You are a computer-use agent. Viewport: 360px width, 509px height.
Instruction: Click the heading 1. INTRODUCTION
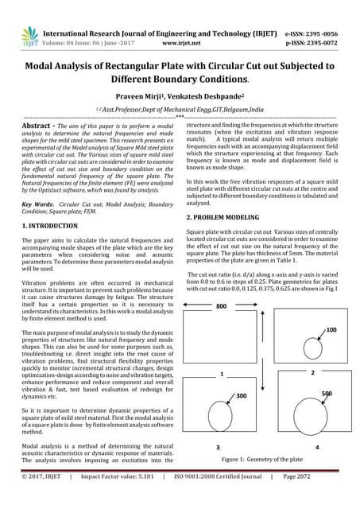click(x=53, y=227)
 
